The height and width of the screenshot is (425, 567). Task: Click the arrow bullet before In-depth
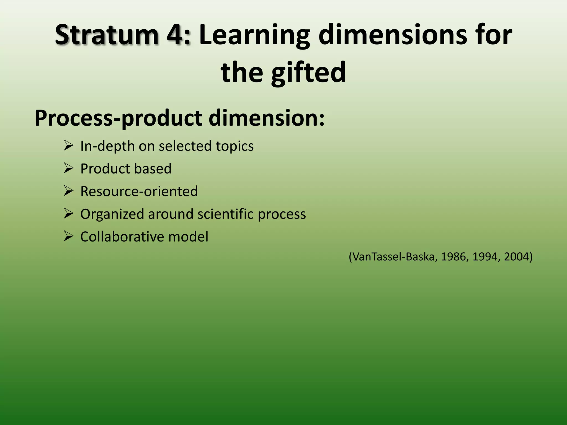click(x=68, y=146)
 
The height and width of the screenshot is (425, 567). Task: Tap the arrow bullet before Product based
click(x=68, y=168)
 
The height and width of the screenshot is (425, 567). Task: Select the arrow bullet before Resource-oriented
click(x=68, y=191)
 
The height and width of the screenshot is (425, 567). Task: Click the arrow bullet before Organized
click(x=68, y=214)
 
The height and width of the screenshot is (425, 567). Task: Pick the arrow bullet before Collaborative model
click(x=68, y=236)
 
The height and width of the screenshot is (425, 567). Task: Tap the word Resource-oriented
click(x=139, y=191)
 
